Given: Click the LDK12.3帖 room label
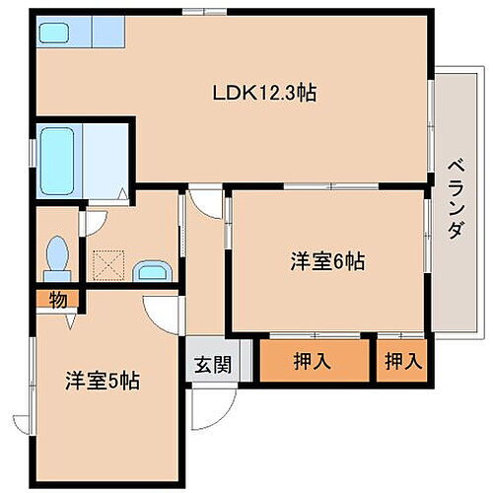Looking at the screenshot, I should tap(264, 94).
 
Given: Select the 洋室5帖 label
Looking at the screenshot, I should tap(102, 380).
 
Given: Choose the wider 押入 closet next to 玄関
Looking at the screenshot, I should tap(312, 362).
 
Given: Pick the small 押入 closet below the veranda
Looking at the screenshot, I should tap(402, 362).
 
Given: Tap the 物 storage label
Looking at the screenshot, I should tap(58, 300).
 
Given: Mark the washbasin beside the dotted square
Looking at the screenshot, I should tap(152, 270).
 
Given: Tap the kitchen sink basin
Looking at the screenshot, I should tap(52, 33).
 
